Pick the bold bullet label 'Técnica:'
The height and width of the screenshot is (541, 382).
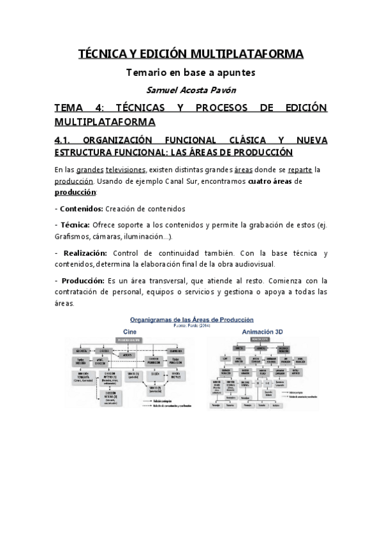pyautogui.click(x=75, y=225)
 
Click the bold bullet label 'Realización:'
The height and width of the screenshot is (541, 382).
pyautogui.click(x=85, y=253)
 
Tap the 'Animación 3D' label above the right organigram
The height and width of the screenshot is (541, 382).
pyautogui.click(x=261, y=332)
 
